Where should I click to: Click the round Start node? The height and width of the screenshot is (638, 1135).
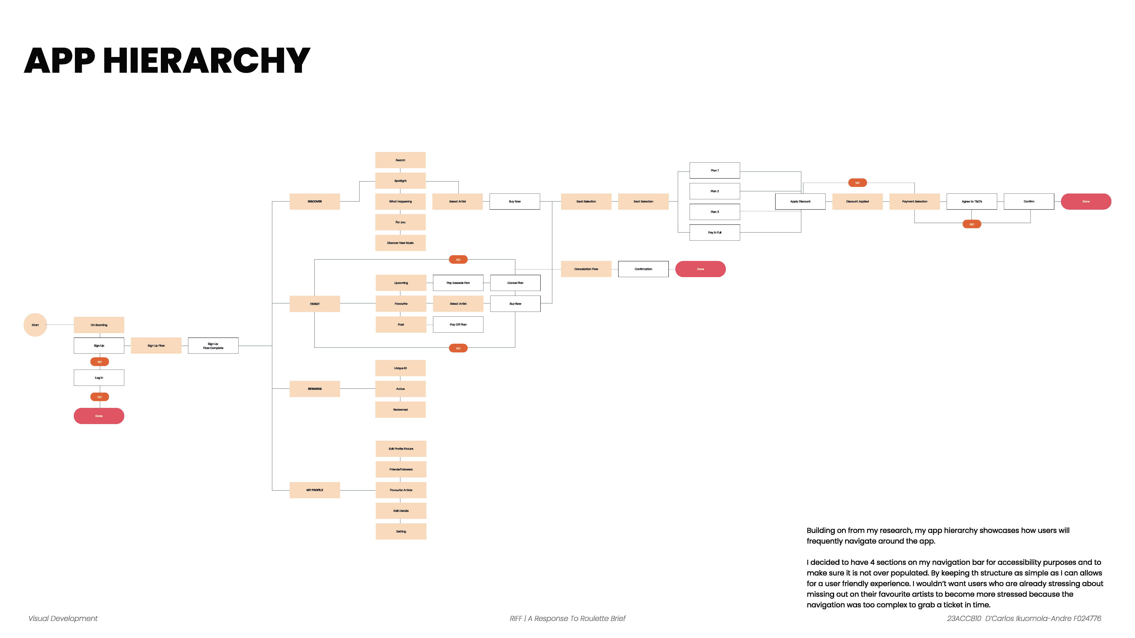pyautogui.click(x=35, y=325)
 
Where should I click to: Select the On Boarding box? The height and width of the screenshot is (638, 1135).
pyautogui.click(x=99, y=325)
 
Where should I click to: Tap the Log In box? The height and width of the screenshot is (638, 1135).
pyautogui.click(x=99, y=378)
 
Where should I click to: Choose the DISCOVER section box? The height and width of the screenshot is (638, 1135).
pyautogui.click(x=314, y=202)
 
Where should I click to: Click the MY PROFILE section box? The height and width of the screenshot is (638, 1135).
pyautogui.click(x=314, y=490)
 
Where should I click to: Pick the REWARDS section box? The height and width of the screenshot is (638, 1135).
pyautogui.click(x=314, y=389)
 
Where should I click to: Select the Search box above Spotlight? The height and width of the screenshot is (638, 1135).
pyautogui.click(x=400, y=160)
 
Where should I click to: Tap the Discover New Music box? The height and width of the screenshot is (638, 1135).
pyautogui.click(x=400, y=243)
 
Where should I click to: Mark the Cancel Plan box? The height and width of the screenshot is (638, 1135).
pyautogui.click(x=515, y=283)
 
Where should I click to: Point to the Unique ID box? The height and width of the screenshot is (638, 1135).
pyautogui.click(x=400, y=368)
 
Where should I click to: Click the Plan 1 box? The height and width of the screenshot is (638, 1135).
pyautogui.click(x=714, y=170)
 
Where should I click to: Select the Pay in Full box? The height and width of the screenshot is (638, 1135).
pyautogui.click(x=714, y=232)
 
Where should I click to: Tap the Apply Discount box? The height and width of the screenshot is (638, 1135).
pyautogui.click(x=800, y=202)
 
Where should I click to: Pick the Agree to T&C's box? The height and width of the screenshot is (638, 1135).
pyautogui.click(x=972, y=202)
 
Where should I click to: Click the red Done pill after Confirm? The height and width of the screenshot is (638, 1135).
pyautogui.click(x=1086, y=202)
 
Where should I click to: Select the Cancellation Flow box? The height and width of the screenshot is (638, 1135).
pyautogui.click(x=586, y=269)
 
